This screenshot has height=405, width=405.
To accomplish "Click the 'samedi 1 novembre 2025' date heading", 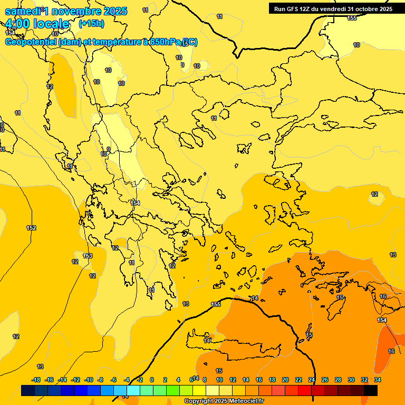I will point(66,11).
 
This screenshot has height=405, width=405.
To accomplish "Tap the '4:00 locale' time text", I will point(37,24).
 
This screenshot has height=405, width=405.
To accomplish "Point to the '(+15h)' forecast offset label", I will point(91,24).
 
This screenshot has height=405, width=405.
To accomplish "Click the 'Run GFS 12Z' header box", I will point(333,8).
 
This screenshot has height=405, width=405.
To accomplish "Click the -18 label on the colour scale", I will point(36,380).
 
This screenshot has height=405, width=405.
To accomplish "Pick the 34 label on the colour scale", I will point(378,380).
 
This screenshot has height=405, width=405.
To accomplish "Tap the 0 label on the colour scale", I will point(152,380).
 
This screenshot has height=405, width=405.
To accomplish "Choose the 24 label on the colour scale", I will point(312,380).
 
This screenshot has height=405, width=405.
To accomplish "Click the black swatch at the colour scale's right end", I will point(371,391).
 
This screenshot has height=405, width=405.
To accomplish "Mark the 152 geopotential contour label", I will point(31,228).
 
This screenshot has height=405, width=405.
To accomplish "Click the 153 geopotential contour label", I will point(88,256).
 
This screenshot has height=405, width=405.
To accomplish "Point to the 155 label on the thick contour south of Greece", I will point(216,304).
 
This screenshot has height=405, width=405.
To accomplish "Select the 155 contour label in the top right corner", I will point(352,18).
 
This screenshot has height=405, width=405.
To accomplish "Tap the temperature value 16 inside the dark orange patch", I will point(391,351).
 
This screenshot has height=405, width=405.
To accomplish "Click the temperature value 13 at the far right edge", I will point(393,255).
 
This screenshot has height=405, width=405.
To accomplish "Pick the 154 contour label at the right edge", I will point(382,320).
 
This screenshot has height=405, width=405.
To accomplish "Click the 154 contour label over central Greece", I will point(136,203).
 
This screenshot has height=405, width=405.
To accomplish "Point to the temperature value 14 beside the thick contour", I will point(255,298).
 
